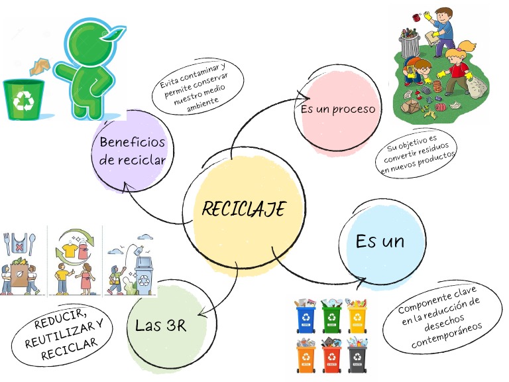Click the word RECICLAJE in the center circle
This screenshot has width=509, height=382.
tap(243, 210)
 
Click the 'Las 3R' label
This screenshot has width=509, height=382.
tap(160, 325)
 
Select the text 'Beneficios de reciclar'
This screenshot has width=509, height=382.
tap(132, 151)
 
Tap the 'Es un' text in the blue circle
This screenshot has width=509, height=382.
tap(380, 241)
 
